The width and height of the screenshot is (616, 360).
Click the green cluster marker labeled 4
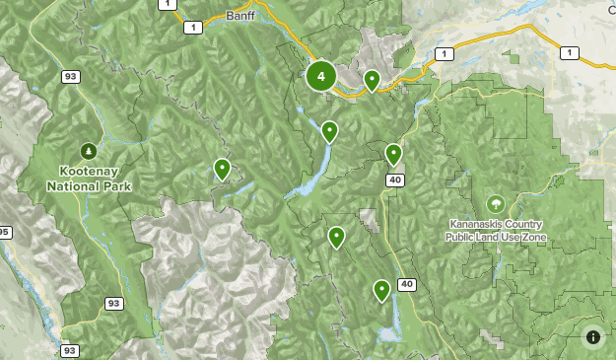click(320, 76)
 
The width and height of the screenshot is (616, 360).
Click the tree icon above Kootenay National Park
click(89, 150)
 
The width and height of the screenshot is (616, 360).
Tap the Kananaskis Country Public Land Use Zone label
click(495, 231)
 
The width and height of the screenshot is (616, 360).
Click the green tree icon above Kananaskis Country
click(495, 203)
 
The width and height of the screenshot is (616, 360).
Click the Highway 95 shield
click(3, 233)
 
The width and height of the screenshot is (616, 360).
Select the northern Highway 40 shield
click(394, 180)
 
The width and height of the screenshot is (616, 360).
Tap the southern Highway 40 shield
click(406, 285)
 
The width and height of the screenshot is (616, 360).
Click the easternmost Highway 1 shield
click(568, 52)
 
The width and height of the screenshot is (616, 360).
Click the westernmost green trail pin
click(223, 169)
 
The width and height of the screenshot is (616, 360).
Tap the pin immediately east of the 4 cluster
click(372, 79)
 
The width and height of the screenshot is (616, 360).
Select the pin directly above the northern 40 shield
click(393, 153)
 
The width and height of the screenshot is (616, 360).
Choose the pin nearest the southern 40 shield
click(381, 289)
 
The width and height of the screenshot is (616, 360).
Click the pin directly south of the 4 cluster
click(329, 129)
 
